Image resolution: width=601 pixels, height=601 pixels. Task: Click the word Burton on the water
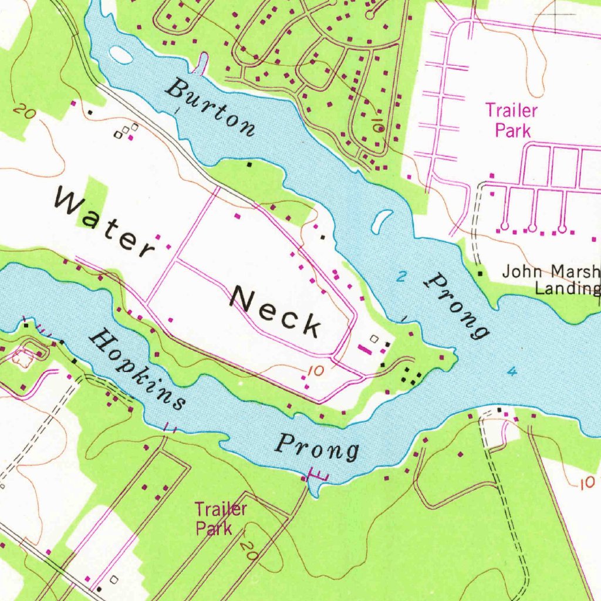pos(211,108)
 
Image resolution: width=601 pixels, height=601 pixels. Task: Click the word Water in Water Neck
pos(104,226)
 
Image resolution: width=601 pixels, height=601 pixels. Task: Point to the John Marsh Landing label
pos(551,280)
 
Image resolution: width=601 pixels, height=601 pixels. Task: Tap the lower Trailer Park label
pos(221,518)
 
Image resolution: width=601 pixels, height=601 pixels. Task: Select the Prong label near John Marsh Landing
pos(457,305)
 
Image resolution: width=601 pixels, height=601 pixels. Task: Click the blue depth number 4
pos(512,372)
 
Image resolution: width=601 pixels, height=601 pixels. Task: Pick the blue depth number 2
pos(400,278)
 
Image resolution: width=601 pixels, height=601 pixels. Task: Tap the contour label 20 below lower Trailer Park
pos(249,549)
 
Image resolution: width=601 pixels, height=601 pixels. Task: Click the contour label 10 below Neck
pos(315,371)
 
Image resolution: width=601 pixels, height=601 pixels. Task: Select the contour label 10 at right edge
pos(585,482)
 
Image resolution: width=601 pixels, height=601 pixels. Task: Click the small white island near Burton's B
pos(121,55)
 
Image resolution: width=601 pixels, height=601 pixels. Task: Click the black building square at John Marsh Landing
pos(480,274)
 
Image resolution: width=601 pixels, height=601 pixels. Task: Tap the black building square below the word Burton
pos(249,165)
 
